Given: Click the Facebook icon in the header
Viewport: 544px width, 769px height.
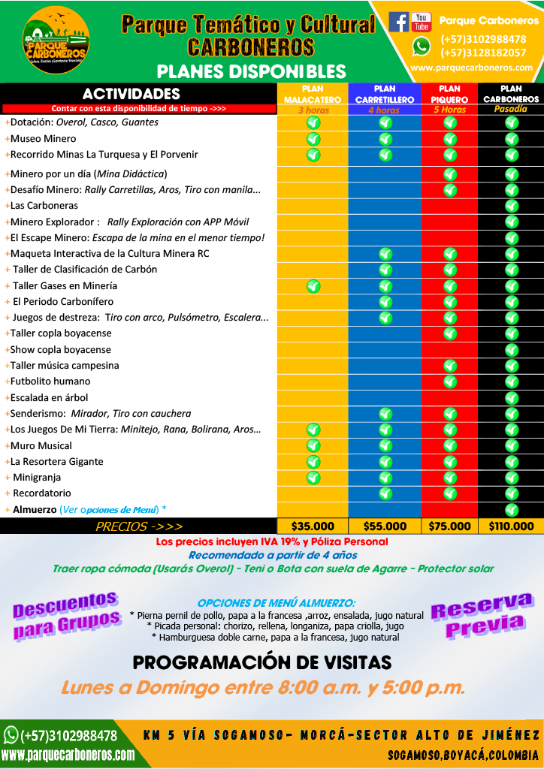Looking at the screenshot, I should (398, 22).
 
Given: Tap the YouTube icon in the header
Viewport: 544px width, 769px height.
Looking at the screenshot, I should (422, 22).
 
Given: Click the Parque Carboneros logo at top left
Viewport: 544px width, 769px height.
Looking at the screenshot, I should (56, 41).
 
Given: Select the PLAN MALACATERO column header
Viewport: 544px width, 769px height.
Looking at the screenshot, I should (313, 94).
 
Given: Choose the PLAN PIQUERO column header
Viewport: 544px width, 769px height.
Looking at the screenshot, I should (449, 94).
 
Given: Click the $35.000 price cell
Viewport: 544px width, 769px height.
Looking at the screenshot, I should (313, 526).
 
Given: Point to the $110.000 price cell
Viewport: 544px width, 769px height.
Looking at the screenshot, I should (511, 526).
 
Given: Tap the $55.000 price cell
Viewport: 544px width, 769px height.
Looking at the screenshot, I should (385, 526).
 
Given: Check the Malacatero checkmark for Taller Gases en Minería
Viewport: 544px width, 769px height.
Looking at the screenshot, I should (313, 285).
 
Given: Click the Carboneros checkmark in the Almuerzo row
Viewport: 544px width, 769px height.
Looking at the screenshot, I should (512, 510).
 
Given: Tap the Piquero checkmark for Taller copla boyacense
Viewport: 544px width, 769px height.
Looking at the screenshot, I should (450, 333).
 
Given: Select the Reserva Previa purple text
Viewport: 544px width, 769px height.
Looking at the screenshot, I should (481, 615).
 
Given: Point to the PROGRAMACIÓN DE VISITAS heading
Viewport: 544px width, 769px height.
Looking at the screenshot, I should (262, 662).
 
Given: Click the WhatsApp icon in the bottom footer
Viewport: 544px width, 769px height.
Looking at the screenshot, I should (11, 734).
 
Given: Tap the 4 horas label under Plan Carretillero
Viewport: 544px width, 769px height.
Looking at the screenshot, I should (384, 110).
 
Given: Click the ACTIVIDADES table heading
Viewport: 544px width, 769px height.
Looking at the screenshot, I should (131, 94).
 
